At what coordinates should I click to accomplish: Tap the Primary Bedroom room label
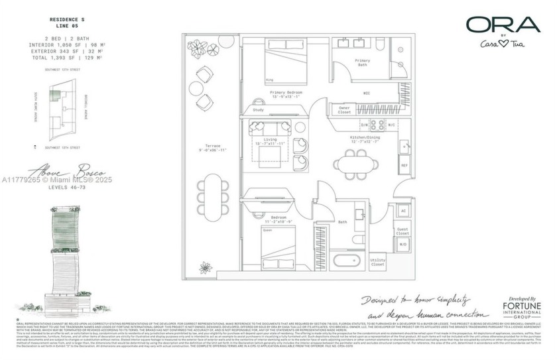(286, 94)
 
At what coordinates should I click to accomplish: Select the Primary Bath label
(362, 62)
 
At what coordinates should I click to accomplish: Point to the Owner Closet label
(345, 111)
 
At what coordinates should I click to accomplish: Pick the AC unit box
(402, 211)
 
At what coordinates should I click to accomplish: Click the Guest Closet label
(402, 231)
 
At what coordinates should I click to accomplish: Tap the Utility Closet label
(377, 263)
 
